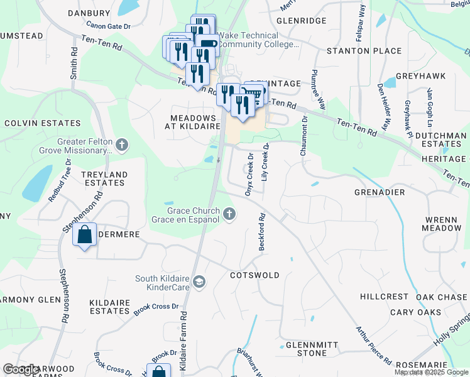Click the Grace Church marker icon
229,214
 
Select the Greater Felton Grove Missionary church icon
122,146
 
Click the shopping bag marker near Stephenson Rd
84,236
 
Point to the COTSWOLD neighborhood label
254,275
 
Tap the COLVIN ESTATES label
40,123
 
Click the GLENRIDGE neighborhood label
301,21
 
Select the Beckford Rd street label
262,232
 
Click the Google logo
21,370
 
